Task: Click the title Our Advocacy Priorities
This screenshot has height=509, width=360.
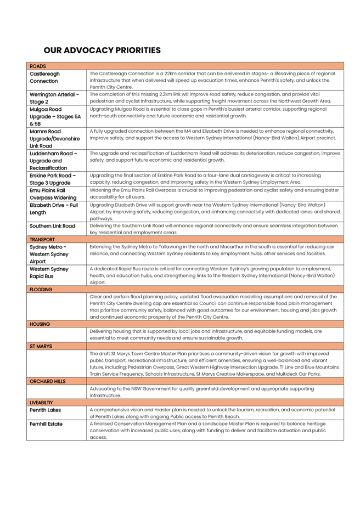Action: click(x=102, y=50)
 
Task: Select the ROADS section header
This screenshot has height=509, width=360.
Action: click(x=38, y=66)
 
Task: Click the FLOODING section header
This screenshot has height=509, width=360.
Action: click(x=41, y=289)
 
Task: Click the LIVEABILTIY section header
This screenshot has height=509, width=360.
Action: click(x=42, y=403)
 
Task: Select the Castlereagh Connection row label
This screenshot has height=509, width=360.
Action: click(x=45, y=77)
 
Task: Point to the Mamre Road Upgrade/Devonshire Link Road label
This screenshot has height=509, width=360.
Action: click(x=55, y=138)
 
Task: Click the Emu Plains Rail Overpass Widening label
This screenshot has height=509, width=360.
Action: click(x=54, y=194)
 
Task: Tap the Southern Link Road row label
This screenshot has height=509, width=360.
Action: click(x=53, y=225)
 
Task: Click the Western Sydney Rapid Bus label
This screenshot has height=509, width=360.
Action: click(x=49, y=273)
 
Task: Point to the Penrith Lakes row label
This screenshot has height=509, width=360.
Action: click(x=46, y=410)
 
